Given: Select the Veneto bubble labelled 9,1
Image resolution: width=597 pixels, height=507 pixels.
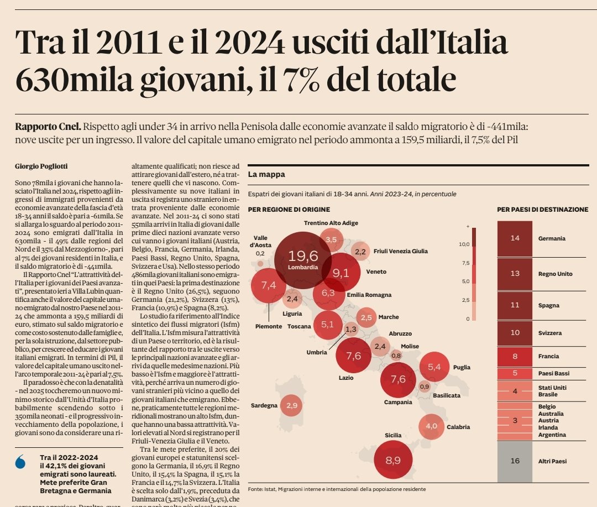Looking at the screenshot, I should pos(341,272).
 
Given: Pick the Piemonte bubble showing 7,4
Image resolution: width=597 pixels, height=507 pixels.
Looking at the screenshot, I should pos(269,285).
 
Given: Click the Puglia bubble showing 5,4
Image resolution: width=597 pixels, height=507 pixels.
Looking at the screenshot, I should pos(434,367).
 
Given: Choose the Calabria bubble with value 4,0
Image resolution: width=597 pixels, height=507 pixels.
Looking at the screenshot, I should pos(431,426).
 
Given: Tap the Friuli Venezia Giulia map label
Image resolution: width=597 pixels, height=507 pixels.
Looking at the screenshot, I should pos(400,251).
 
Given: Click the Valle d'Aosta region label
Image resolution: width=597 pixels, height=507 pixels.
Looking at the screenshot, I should pos(260,241).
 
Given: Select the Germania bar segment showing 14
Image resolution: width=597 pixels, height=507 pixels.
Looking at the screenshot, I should pos(515,238).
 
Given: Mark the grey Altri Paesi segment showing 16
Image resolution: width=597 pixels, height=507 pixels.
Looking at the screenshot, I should pos(515,461).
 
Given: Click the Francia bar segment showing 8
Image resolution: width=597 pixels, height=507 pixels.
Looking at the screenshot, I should pos(515,356).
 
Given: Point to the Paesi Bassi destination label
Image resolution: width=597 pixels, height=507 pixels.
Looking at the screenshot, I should pos(554,373).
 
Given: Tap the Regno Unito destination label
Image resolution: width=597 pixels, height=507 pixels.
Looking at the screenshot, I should pos(554,274).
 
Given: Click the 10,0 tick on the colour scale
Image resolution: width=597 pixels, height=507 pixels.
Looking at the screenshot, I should pos(463,244).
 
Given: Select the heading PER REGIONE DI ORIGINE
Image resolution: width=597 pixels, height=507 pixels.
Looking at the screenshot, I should pos(289,210).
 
